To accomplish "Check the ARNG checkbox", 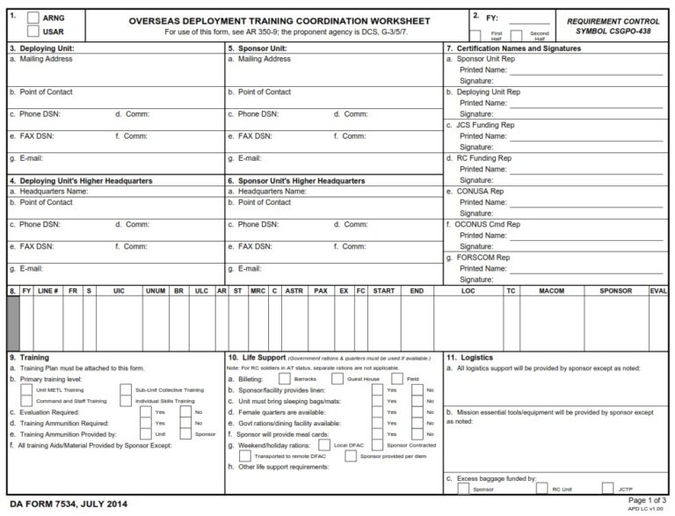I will [x=33, y=18].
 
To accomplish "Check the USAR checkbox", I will [x=33, y=32].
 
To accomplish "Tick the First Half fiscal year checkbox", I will [x=475, y=33].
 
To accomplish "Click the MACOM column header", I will [x=551, y=289].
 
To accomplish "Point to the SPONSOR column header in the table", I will [x=615, y=289].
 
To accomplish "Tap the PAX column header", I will [x=321, y=289].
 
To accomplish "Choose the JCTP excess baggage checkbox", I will [x=608, y=488].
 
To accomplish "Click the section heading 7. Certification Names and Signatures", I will [x=513, y=48].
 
